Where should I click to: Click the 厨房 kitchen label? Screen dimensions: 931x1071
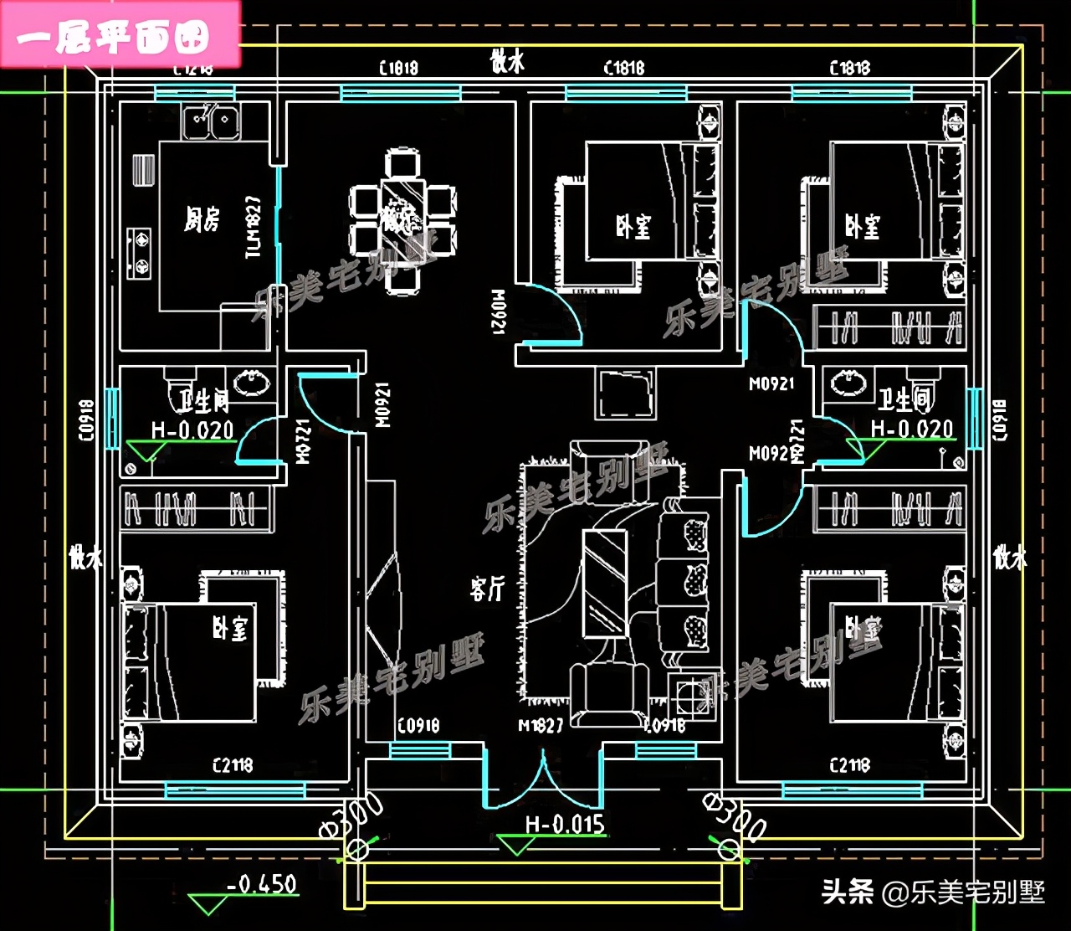pyautogui.click(x=202, y=220)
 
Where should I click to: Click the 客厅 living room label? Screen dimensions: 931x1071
pyautogui.click(x=487, y=589)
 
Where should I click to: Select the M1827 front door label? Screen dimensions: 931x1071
pyautogui.click(x=541, y=726)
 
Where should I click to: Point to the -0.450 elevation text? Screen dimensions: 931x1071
pyautogui.click(x=262, y=884)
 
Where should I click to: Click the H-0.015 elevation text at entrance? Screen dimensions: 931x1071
pyautogui.click(x=565, y=825)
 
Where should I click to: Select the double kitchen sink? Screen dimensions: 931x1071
pyautogui.click(x=212, y=122)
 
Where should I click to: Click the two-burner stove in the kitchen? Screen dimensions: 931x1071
pyautogui.click(x=139, y=253)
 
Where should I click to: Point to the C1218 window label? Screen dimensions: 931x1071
pyautogui.click(x=193, y=69)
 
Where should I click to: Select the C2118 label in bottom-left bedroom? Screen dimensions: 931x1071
pyautogui.click(x=233, y=765)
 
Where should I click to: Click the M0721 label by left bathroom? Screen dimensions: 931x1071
pyautogui.click(x=304, y=441)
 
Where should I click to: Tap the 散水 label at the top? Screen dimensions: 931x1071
pyautogui.click(x=507, y=61)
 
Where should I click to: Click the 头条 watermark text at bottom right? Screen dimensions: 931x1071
pyautogui.click(x=848, y=892)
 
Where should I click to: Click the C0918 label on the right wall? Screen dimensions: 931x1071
pyautogui.click(x=1000, y=419)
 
